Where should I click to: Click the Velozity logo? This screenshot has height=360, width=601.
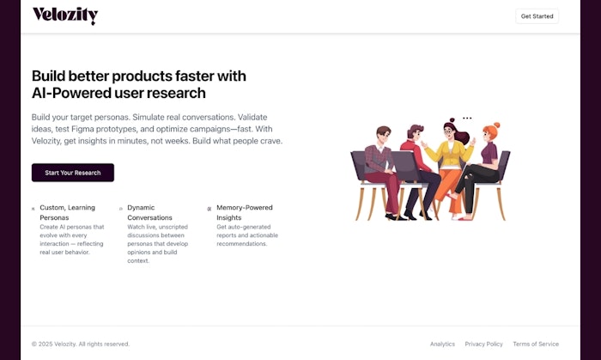[65, 15]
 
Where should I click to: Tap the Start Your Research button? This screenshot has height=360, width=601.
[73, 173]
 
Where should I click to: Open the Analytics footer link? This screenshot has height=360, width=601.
[442, 344]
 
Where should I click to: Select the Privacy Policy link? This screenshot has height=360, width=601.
[483, 344]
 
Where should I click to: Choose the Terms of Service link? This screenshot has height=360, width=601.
[536, 344]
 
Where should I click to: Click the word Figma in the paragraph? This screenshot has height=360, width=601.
[82, 129]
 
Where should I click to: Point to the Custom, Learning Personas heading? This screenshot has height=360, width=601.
[68, 212]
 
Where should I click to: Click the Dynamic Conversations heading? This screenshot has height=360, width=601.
[149, 212]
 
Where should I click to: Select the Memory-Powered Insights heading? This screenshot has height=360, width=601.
[245, 212]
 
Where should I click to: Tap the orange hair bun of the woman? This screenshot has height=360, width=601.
[497, 125]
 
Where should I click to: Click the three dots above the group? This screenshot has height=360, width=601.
[467, 118]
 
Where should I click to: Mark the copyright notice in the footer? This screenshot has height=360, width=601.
[81, 344]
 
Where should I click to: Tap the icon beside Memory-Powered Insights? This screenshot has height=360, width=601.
[209, 209]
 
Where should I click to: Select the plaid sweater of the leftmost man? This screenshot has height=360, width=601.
[378, 159]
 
